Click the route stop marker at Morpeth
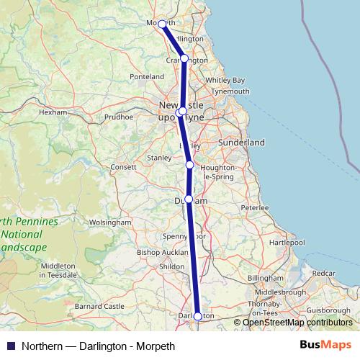[163, 24]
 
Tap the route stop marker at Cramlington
[184, 58]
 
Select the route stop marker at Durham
[189, 199]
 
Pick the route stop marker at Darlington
[198, 316]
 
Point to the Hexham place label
[53, 113]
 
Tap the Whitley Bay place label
[225, 80]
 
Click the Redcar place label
[323, 274]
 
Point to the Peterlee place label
[254, 207]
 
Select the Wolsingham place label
[110, 223]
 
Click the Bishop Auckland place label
[163, 253]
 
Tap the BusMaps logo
[330, 346]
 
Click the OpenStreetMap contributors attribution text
[297, 322]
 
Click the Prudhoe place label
[120, 116]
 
